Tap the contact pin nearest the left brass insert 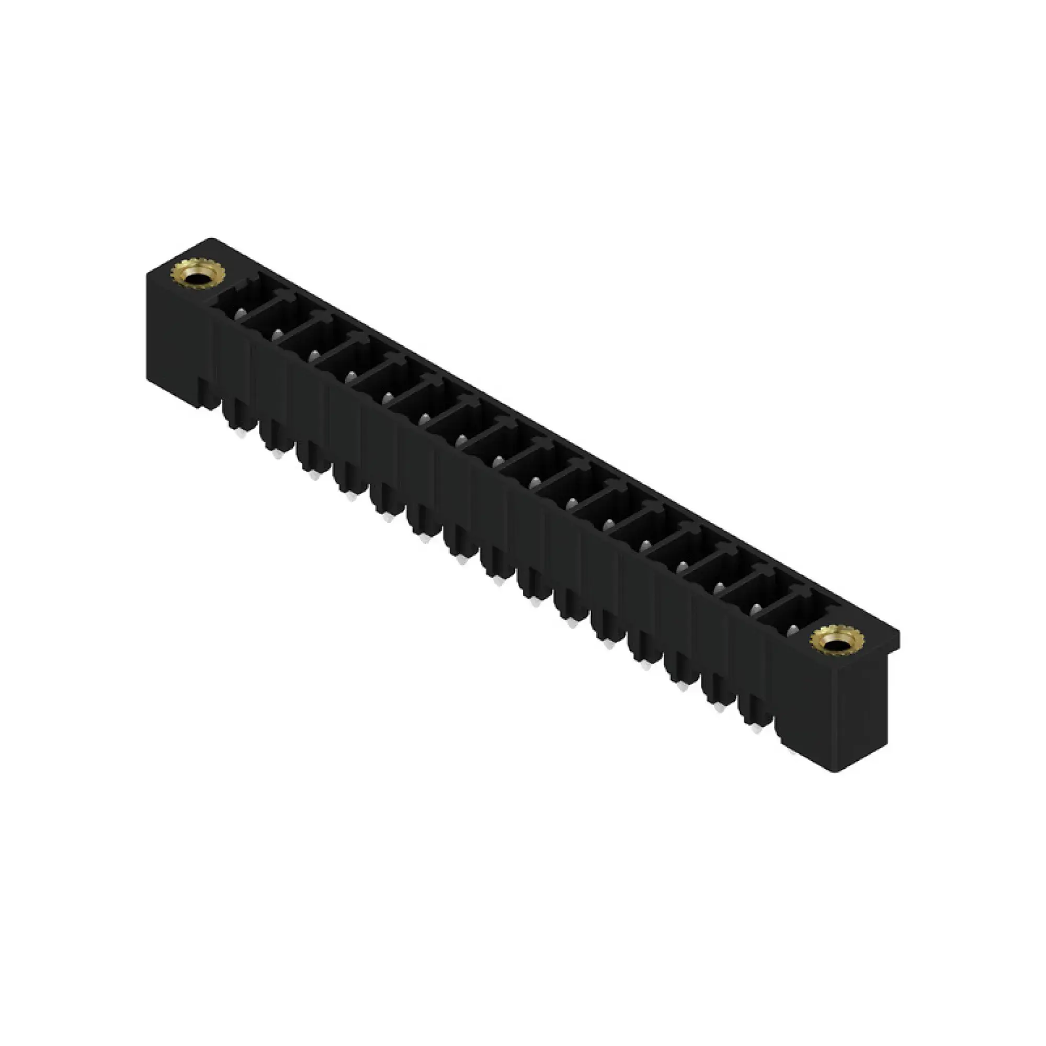(x=240, y=312)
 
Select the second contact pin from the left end (x=277, y=334)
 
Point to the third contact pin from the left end (x=313, y=355)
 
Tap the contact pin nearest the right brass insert (x=792, y=629)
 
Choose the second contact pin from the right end (x=755, y=608)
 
